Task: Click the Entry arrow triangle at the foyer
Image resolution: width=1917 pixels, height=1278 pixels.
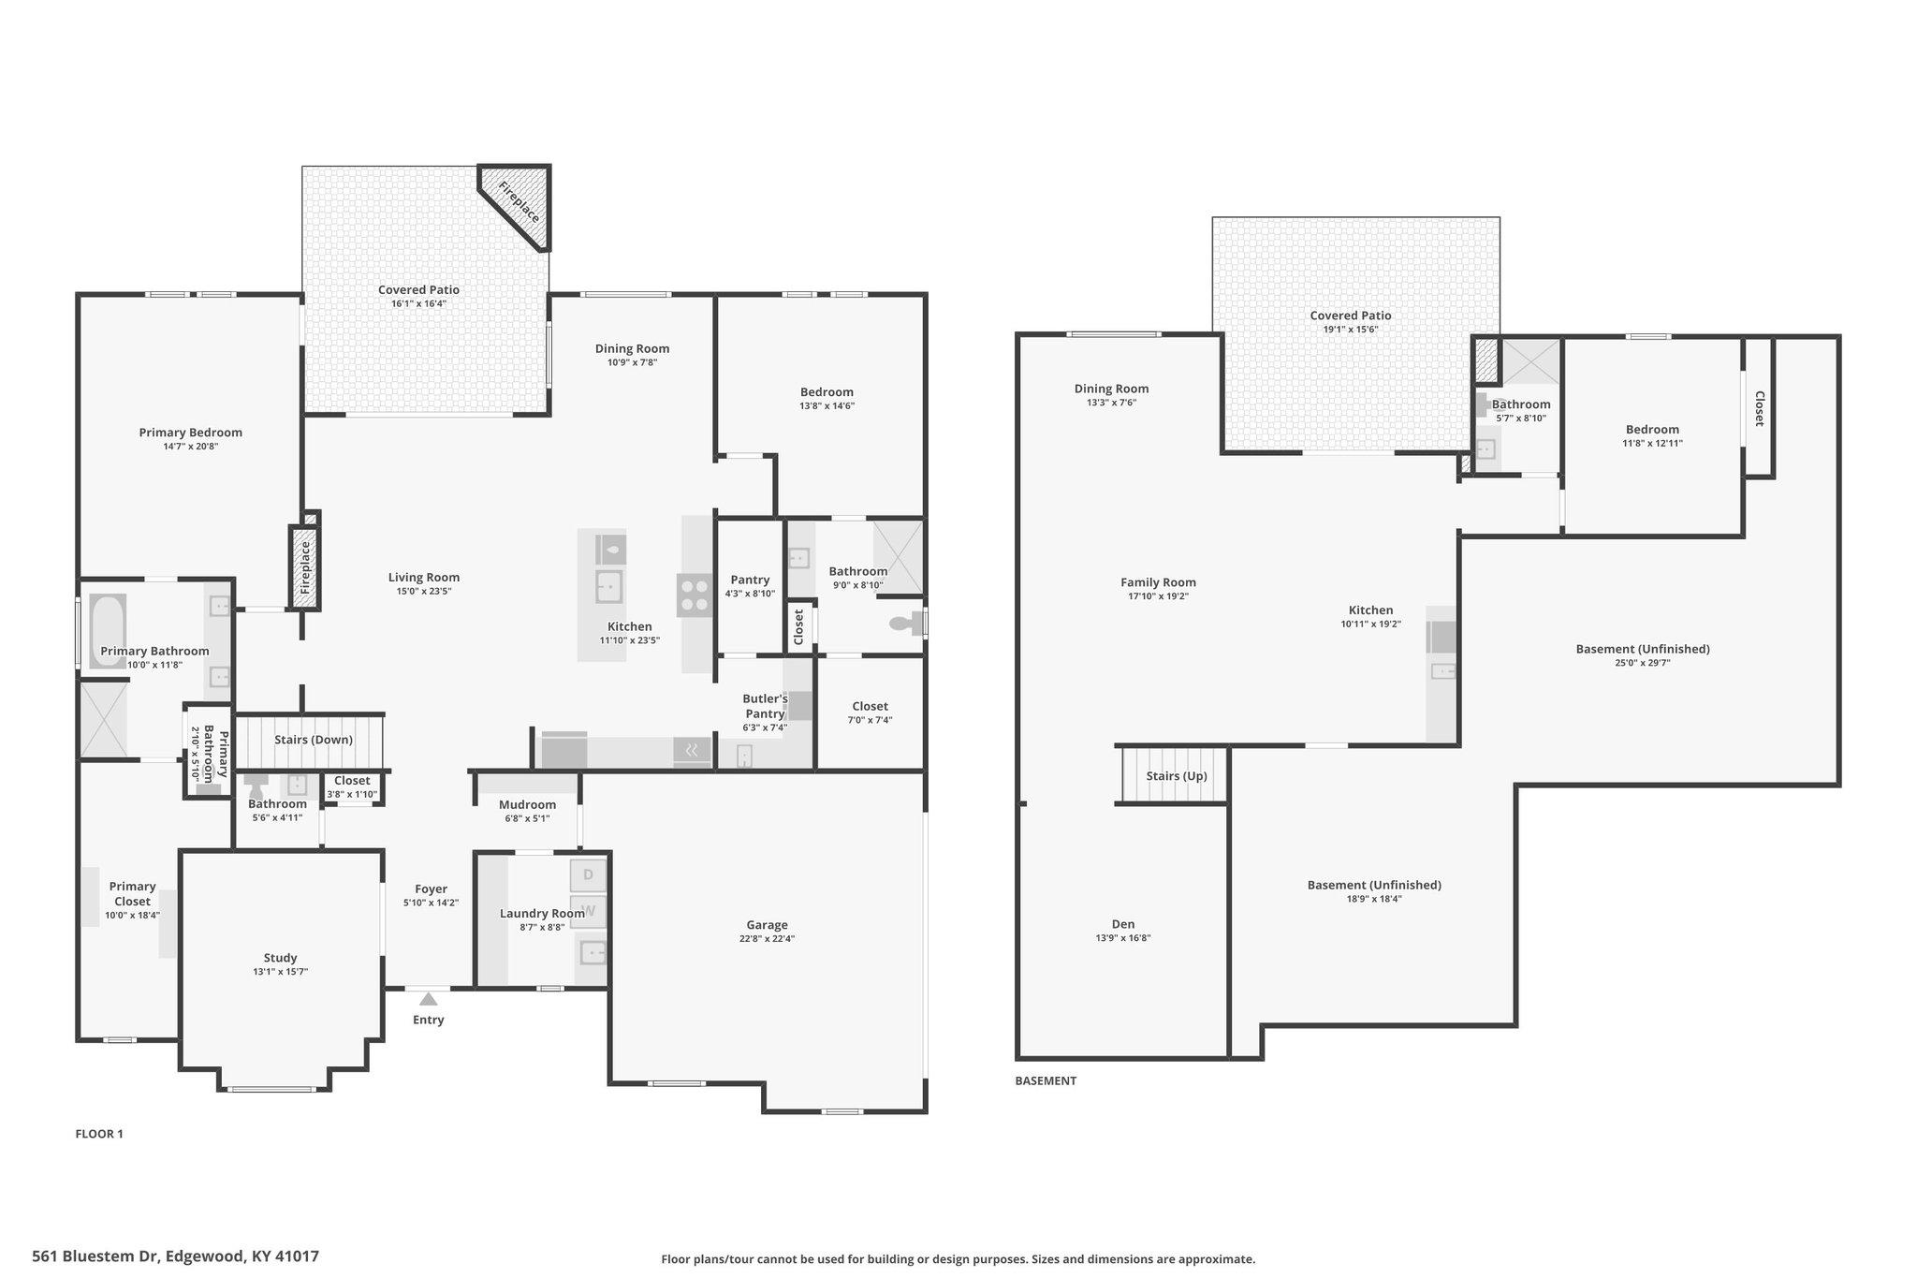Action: click(x=428, y=999)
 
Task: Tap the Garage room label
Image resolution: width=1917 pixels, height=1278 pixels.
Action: click(x=767, y=925)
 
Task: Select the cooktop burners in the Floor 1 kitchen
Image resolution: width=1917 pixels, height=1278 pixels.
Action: click(x=695, y=595)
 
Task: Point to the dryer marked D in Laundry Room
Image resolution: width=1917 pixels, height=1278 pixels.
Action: click(x=588, y=874)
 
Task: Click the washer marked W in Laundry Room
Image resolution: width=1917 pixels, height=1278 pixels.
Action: click(x=588, y=909)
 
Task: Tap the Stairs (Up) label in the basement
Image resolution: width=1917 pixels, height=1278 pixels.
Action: click(x=1177, y=776)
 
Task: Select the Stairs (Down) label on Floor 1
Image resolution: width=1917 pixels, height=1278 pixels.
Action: click(x=314, y=740)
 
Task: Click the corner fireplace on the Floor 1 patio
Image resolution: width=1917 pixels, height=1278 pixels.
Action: click(x=518, y=205)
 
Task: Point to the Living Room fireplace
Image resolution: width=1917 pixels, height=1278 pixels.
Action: click(x=304, y=567)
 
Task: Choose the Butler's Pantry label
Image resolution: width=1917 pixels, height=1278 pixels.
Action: click(x=765, y=706)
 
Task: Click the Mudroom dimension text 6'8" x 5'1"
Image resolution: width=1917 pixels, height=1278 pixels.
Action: click(x=527, y=818)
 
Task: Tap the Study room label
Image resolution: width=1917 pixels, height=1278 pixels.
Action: click(x=280, y=958)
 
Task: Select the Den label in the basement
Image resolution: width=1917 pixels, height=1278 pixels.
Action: click(x=1123, y=924)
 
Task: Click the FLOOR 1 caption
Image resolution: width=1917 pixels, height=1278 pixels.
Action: click(x=99, y=1134)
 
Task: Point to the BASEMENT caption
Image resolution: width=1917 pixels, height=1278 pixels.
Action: click(x=1046, y=1080)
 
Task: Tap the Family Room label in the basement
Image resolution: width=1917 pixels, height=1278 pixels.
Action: click(x=1158, y=582)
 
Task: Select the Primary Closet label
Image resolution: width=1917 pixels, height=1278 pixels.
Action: click(x=132, y=894)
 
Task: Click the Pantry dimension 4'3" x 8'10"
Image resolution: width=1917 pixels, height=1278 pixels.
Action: click(x=750, y=594)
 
